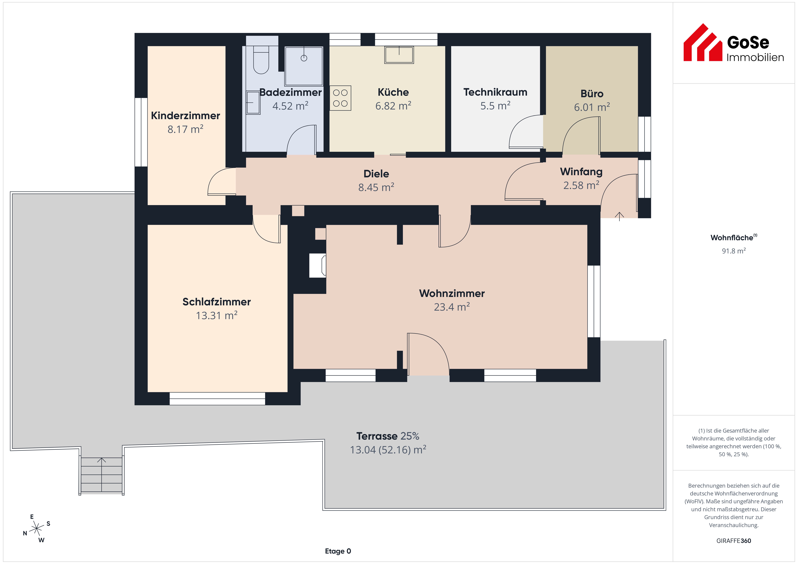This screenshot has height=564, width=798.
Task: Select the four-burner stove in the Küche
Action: click(340, 98)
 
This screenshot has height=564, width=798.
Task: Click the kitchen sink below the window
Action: click(399, 55)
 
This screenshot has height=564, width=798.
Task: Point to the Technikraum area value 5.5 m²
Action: click(495, 106)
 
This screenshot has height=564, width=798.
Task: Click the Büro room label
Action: click(592, 94)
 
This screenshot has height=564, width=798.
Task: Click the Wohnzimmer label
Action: click(452, 293)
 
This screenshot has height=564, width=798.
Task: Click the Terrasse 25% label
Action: click(388, 436)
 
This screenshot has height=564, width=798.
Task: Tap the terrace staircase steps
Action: click(101, 475)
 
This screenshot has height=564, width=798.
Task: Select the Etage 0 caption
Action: click(338, 551)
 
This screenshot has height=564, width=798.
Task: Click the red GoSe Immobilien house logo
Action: click(703, 42)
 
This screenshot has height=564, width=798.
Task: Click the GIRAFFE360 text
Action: click(734, 541)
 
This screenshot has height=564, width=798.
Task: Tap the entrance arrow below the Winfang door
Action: click(619, 216)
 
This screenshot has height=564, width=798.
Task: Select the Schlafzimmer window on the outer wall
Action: click(217, 399)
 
